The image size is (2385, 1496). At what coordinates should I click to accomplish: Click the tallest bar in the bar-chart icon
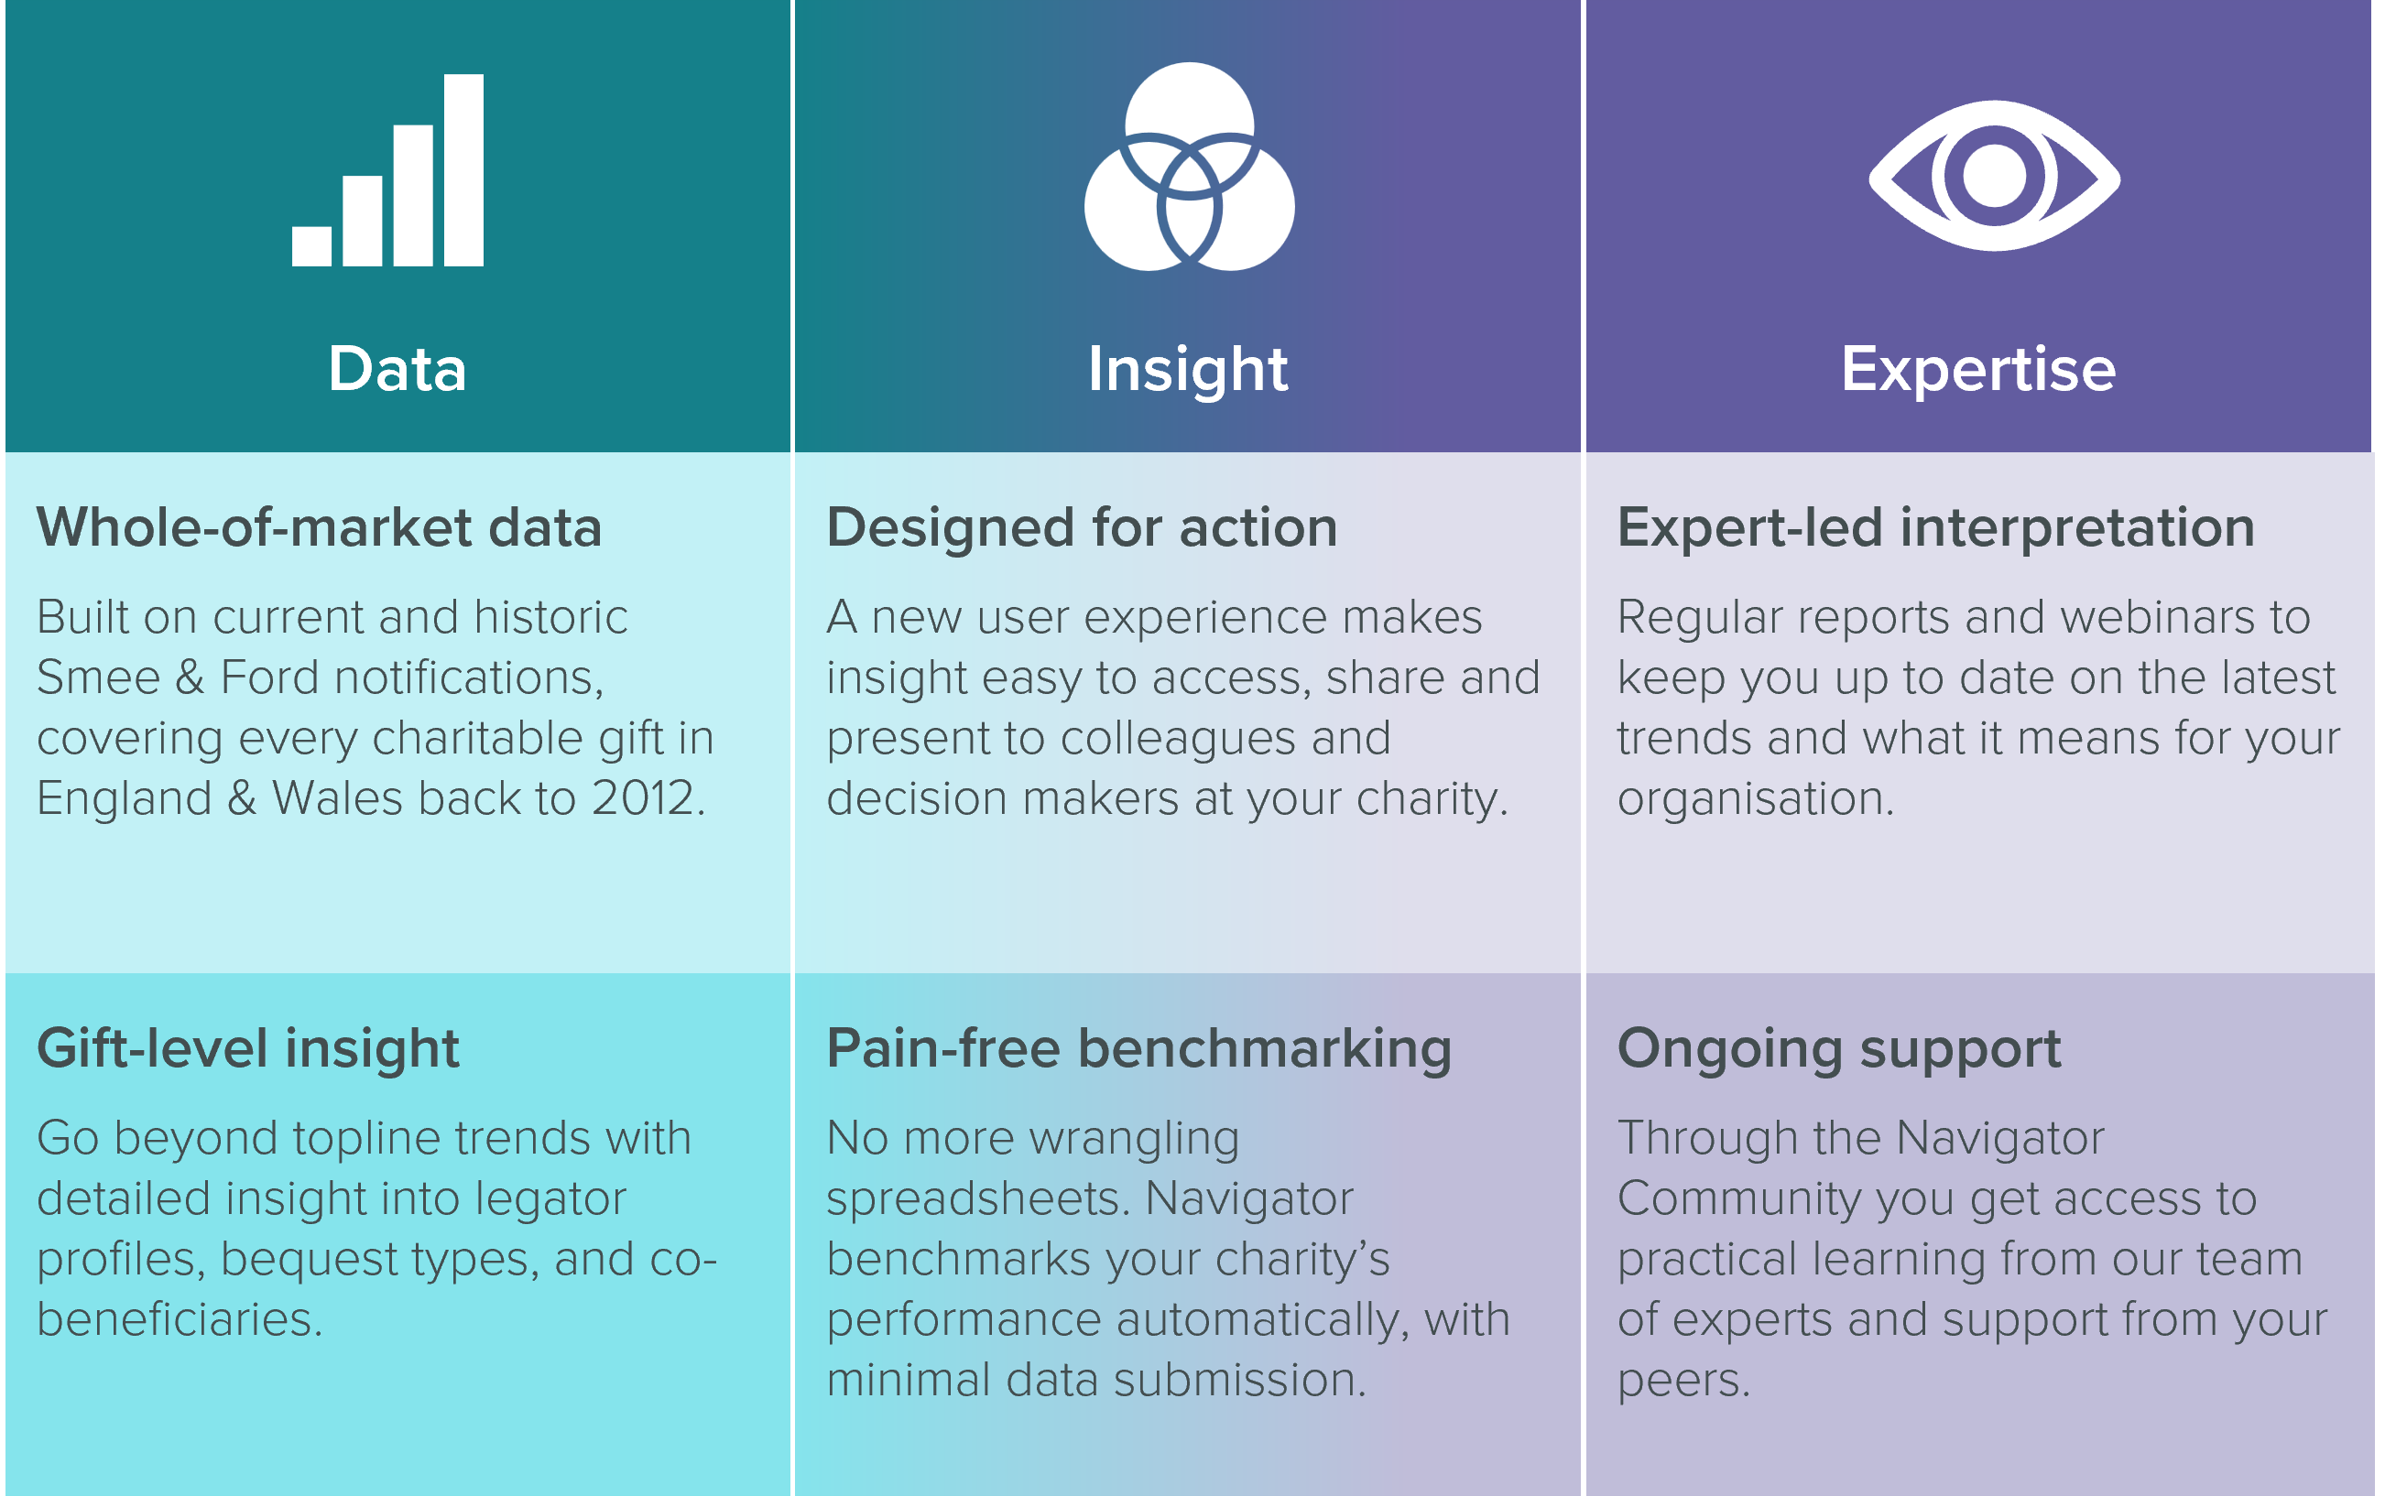[x=463, y=170]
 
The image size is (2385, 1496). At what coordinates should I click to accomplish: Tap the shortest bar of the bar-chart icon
[x=311, y=246]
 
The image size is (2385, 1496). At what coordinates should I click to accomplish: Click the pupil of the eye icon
[x=1994, y=176]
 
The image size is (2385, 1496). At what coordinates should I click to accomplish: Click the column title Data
[x=397, y=369]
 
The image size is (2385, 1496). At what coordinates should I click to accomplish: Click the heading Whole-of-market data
[x=319, y=527]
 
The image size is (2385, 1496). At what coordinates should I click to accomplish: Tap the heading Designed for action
[x=1082, y=528]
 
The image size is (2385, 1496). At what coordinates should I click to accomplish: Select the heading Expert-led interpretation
[x=1935, y=528]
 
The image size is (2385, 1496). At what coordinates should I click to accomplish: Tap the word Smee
[x=98, y=678]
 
